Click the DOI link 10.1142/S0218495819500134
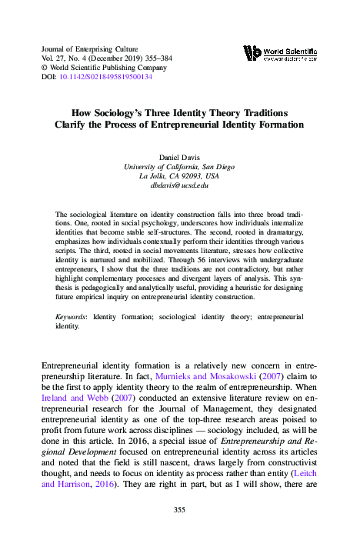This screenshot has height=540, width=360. pyautogui.click(x=107, y=77)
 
